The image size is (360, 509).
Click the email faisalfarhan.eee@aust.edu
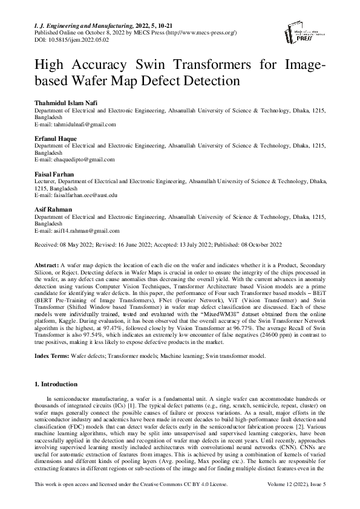pyautogui.click(x=76, y=195)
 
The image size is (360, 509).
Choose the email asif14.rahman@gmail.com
pyautogui.click(x=76, y=230)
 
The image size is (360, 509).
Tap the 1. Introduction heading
pyautogui.click(x=55, y=384)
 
